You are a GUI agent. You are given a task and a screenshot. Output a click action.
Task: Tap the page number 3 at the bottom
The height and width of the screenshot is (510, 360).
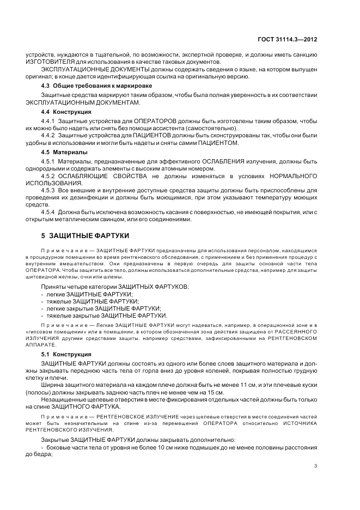pos(316,465)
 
